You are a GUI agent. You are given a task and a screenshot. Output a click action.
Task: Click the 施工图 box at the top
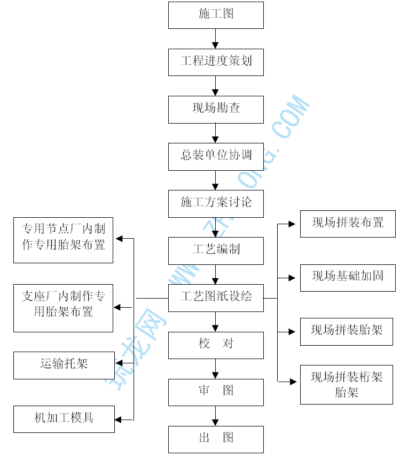pos(216,15)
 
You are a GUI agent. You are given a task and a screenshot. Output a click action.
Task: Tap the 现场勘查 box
pos(216,109)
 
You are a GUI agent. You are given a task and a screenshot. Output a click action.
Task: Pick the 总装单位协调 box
pos(216,156)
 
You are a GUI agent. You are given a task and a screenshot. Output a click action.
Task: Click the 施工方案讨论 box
pos(216,203)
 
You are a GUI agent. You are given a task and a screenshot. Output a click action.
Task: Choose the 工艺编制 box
pos(216,250)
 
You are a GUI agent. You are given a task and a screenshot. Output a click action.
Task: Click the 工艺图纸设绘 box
pos(216,298)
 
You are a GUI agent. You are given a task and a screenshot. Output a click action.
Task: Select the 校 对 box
pos(216,345)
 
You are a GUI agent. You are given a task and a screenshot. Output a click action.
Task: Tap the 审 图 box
pos(216,392)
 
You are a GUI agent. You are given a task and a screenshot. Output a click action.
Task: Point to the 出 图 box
pos(216,439)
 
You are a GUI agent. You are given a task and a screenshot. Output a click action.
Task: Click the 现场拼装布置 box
pos(347,224)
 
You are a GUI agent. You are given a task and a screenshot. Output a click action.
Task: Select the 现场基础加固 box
pos(347,277)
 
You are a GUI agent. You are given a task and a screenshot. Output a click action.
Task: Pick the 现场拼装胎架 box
pos(347,331)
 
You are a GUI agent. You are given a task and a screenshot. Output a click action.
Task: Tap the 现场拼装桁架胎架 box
pos(347,385)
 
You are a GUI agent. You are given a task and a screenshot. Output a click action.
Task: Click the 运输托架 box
pos(64,365)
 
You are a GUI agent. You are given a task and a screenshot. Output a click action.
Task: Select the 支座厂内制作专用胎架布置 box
pos(63,308)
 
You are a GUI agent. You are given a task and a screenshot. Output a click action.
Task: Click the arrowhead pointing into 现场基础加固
pos(292,278)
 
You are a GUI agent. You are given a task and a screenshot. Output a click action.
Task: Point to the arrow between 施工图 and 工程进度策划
pos(216,39)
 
